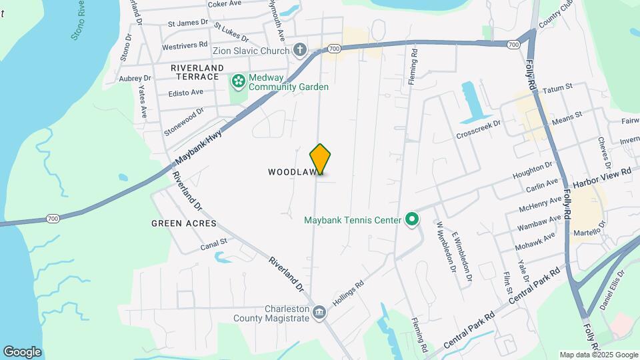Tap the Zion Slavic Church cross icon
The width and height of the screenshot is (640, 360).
(300, 50)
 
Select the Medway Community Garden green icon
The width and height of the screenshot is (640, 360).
(237, 81)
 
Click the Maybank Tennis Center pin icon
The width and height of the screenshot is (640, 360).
(412, 219)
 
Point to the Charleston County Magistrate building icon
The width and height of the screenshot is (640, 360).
(319, 312)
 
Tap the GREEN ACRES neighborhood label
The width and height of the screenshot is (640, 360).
(184, 223)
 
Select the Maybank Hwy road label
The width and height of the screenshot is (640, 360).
(199, 148)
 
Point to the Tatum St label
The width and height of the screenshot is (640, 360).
(559, 87)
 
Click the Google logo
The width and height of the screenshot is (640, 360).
(22, 352)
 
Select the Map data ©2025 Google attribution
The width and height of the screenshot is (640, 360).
(599, 355)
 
